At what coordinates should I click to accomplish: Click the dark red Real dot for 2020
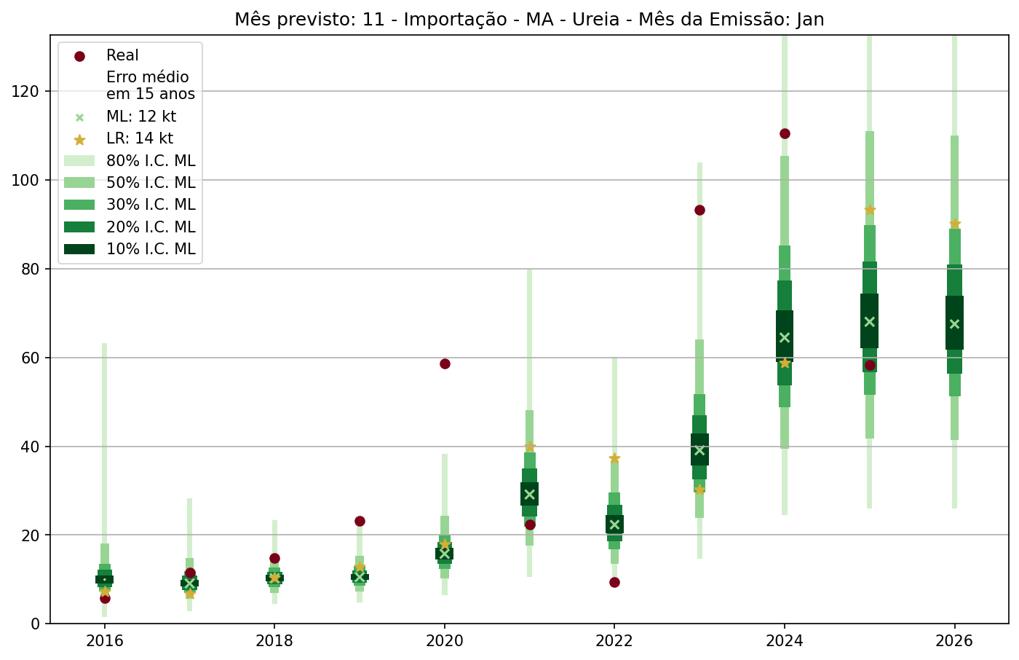click(x=445, y=364)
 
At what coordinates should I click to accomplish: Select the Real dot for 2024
click(x=785, y=133)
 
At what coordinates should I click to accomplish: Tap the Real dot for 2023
click(x=699, y=210)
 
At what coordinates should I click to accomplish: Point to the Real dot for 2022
click(x=614, y=582)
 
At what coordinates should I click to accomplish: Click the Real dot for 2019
click(x=360, y=521)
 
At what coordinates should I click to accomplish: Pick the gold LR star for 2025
click(x=870, y=210)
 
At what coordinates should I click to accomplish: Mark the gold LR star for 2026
click(x=955, y=224)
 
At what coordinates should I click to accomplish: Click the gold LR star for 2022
click(x=614, y=458)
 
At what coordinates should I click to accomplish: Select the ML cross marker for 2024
click(x=785, y=337)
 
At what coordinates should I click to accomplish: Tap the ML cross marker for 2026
click(x=955, y=324)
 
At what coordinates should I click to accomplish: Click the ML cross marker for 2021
click(x=530, y=495)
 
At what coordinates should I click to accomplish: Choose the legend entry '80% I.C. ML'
click(x=151, y=161)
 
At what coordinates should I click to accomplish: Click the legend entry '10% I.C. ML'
click(x=151, y=249)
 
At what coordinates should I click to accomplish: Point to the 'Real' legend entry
click(x=122, y=55)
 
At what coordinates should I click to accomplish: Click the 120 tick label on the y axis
click(x=26, y=91)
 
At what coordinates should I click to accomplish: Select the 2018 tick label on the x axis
click(x=274, y=641)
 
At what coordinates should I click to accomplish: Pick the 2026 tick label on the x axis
click(x=955, y=641)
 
